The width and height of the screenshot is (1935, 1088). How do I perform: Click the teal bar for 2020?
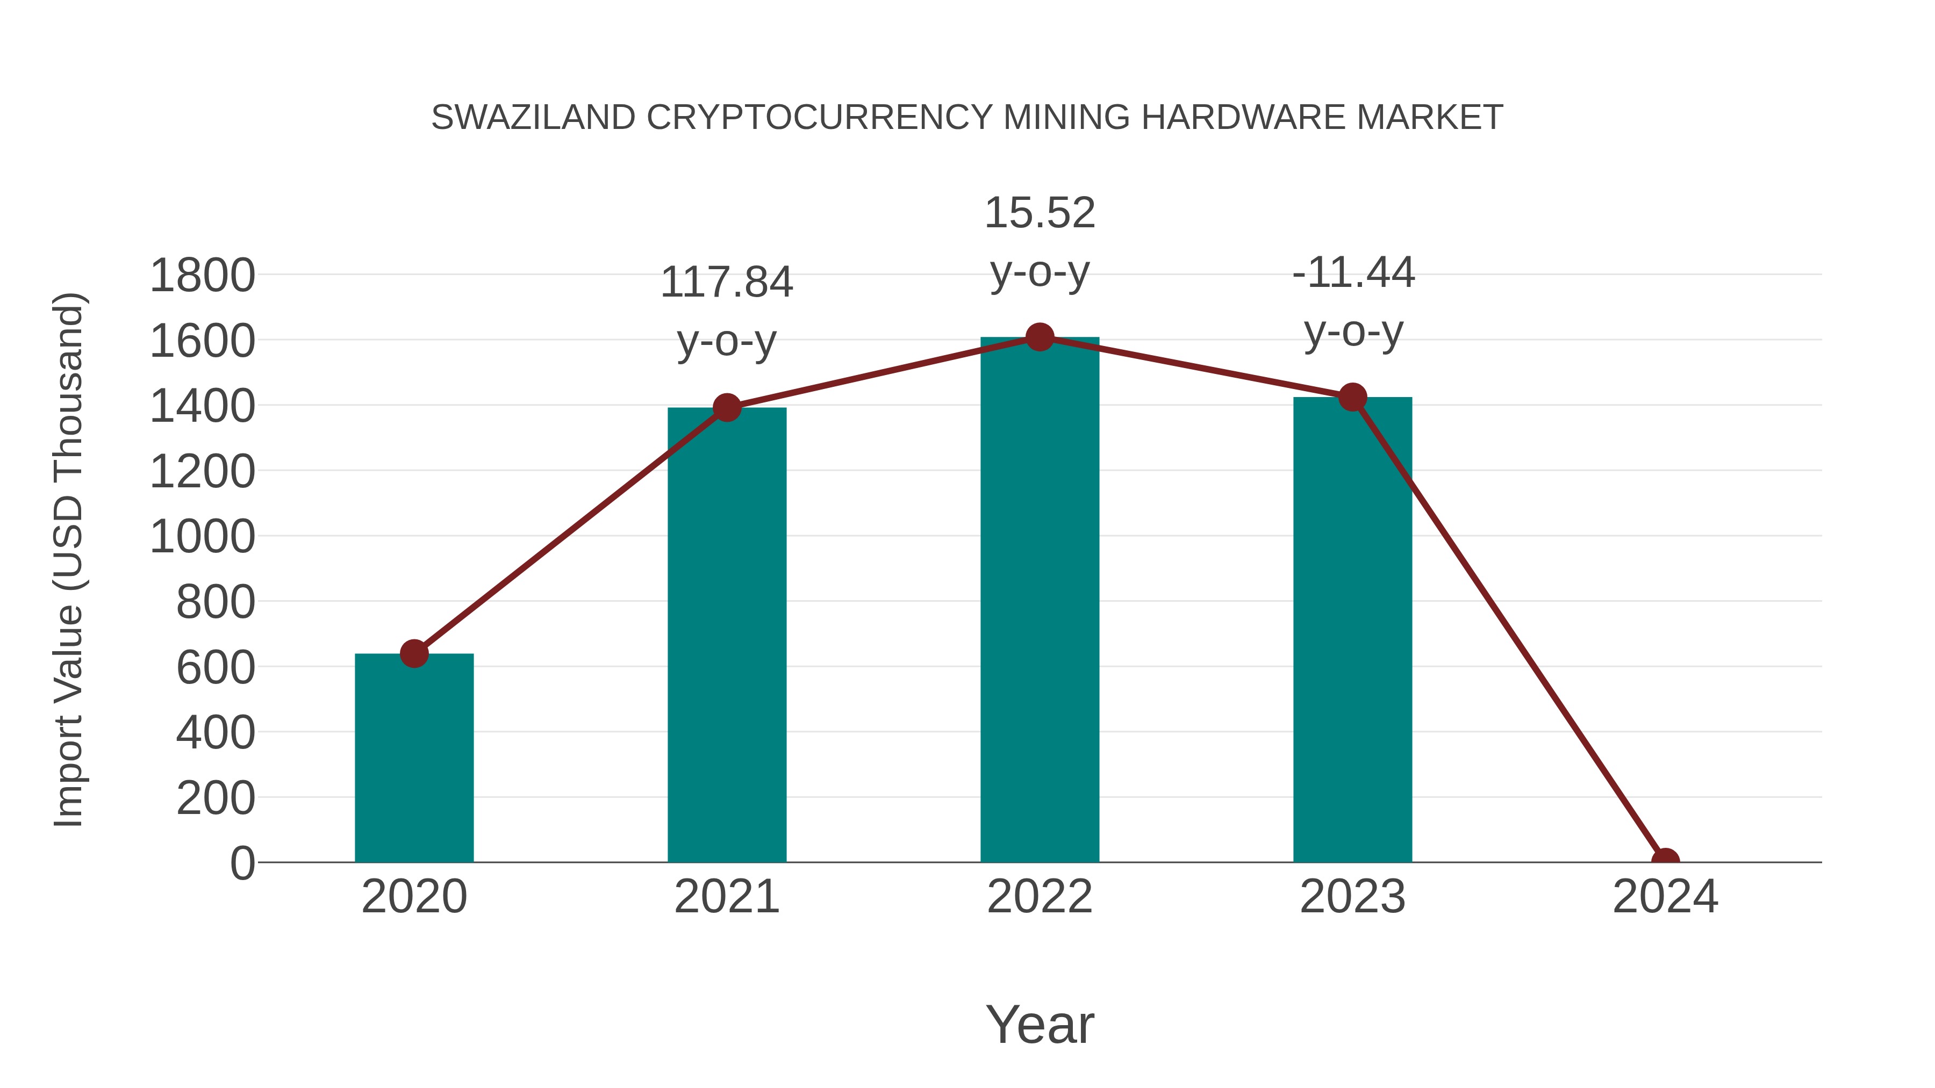[x=414, y=758]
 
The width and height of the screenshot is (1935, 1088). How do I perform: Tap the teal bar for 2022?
[x=1040, y=601]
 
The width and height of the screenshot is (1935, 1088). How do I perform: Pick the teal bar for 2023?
[x=1352, y=630]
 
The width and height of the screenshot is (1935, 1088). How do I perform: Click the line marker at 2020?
[x=414, y=653]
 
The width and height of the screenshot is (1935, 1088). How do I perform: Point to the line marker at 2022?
[x=1040, y=337]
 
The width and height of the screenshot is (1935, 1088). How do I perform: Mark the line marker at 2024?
[x=1665, y=861]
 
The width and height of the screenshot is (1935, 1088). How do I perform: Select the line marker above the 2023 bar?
[x=1352, y=397]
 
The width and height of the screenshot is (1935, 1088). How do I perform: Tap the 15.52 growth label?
[x=1040, y=213]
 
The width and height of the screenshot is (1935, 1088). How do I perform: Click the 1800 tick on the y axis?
[x=202, y=276]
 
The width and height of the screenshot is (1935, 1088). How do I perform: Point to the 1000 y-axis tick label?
[x=202, y=538]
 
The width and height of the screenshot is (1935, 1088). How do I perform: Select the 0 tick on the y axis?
[x=242, y=863]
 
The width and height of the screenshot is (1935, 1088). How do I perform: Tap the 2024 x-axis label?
[x=1665, y=897]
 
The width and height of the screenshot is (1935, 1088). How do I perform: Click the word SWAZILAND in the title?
[x=533, y=118]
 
